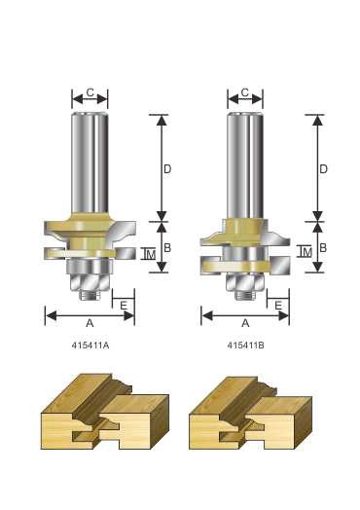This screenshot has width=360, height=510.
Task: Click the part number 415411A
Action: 90,346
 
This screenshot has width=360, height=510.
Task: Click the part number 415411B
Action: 245,346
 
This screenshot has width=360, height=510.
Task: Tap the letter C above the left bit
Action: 90,92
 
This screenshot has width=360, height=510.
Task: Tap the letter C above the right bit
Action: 245,92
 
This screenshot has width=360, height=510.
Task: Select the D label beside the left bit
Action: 167,169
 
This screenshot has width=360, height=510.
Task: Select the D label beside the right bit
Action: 323,169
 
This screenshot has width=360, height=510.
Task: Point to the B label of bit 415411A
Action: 167,248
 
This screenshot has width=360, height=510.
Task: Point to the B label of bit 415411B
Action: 323,248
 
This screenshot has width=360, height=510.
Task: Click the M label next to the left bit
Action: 151,255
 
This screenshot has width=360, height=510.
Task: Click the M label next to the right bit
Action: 307,252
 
